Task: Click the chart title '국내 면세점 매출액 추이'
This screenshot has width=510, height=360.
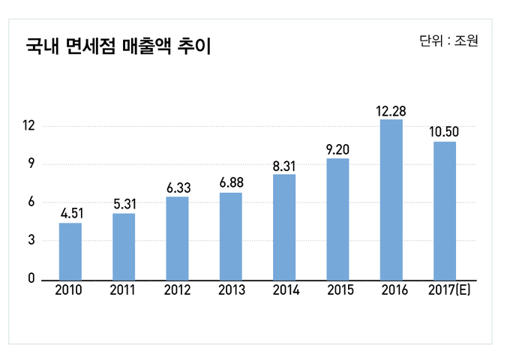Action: (x=118, y=47)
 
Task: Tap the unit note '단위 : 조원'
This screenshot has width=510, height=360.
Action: (x=448, y=40)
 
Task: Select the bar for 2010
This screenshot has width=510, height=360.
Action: (x=70, y=251)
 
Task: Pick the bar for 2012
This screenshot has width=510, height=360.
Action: (x=177, y=238)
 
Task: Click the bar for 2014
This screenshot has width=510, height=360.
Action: (x=284, y=226)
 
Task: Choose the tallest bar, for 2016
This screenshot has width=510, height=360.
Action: (x=391, y=199)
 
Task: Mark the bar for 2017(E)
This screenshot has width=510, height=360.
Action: (x=445, y=210)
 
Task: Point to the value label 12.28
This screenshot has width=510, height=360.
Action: (x=391, y=111)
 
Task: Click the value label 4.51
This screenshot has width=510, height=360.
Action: (x=71, y=214)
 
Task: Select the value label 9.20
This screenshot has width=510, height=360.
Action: (x=337, y=149)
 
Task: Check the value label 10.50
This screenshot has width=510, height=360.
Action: (x=444, y=132)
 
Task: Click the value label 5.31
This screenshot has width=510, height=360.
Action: (x=124, y=204)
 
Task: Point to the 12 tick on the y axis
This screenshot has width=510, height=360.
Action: (x=28, y=125)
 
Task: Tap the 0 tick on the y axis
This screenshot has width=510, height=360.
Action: (x=31, y=278)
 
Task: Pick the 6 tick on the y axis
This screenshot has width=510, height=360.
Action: (x=31, y=202)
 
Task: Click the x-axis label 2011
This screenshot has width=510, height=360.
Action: (x=123, y=291)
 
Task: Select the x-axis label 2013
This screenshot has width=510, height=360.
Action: (x=231, y=291)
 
